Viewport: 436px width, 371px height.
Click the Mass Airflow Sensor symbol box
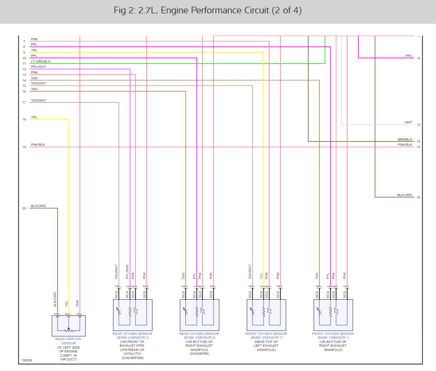pyautogui.click(x=68, y=325)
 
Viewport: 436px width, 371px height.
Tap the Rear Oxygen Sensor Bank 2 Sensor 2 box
pyautogui.click(x=132, y=314)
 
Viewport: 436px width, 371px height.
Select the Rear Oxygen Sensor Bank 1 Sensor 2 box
pyautogui.click(x=199, y=314)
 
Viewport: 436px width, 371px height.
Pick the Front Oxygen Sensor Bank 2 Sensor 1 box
pyautogui.click(x=266, y=314)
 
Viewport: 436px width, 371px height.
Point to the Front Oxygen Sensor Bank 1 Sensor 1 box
pyautogui.click(x=333, y=314)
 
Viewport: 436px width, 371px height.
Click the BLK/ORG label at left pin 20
pyautogui.click(x=39, y=206)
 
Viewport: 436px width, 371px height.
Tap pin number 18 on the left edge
pyautogui.click(x=24, y=120)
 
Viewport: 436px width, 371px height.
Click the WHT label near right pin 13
pyautogui.click(x=408, y=123)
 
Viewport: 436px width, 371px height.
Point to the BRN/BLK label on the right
pyautogui.click(x=405, y=139)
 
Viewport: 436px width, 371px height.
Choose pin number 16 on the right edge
pyautogui.click(x=418, y=197)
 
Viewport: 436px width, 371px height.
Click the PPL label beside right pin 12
pyautogui.click(x=409, y=56)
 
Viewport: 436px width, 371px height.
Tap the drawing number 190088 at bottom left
pyautogui.click(x=27, y=361)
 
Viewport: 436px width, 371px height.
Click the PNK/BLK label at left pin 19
pyautogui.click(x=38, y=144)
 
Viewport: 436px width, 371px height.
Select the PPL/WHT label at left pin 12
pyautogui.click(x=38, y=67)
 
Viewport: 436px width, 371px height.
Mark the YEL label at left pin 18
pyautogui.click(x=34, y=117)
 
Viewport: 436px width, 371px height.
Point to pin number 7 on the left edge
pyautogui.click(x=24, y=42)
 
